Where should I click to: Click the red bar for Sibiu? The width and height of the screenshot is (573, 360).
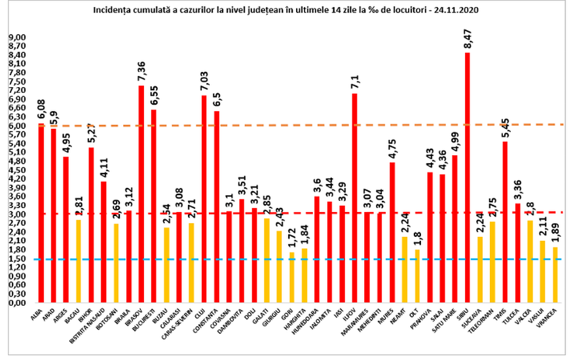pyautogui.click(x=467, y=177)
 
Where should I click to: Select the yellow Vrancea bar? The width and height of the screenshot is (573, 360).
pyautogui.click(x=555, y=275)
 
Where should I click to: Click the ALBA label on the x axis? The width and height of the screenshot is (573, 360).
pyautogui.click(x=36, y=315)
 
